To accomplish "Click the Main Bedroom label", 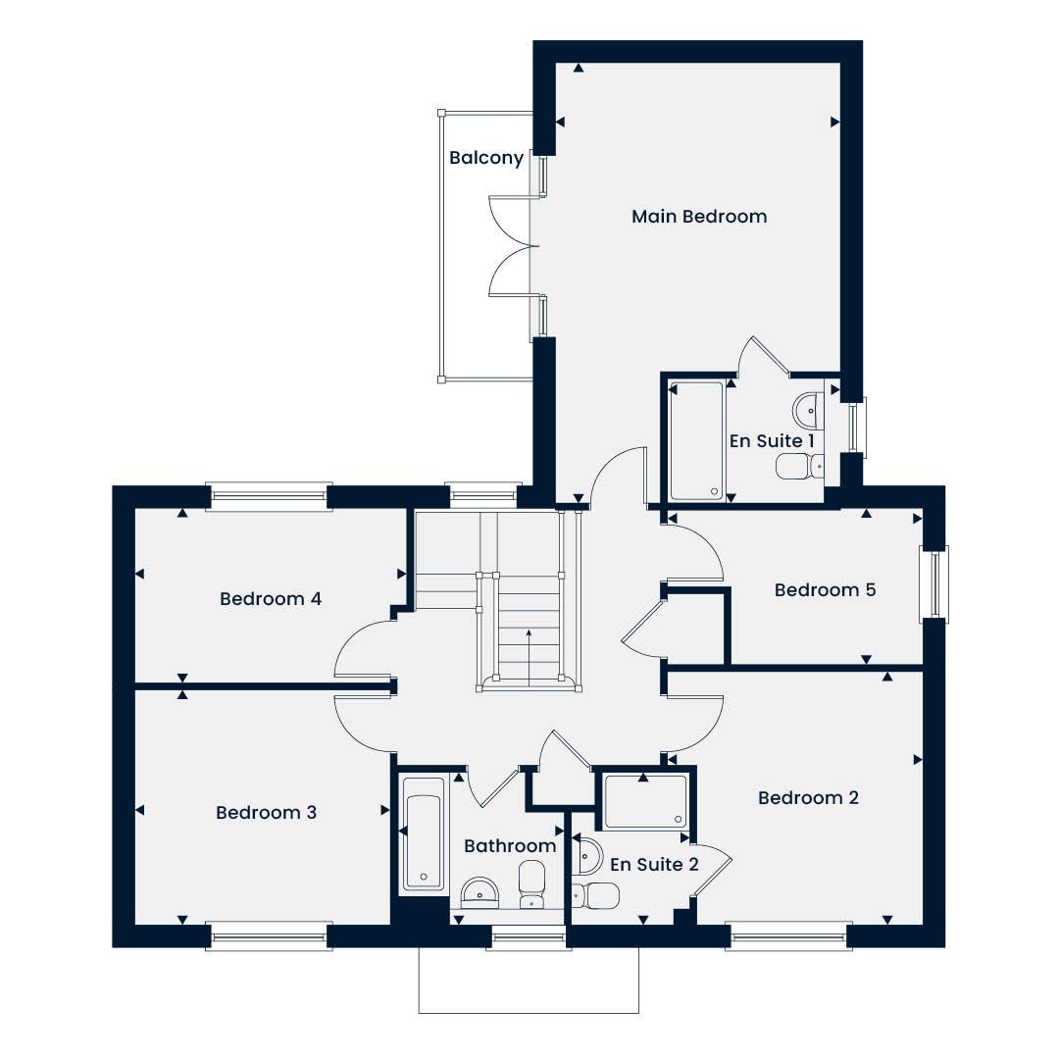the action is click(699, 216).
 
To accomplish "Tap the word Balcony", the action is click(486, 157).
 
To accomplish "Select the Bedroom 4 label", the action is click(271, 598).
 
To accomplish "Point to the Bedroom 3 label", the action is click(266, 812).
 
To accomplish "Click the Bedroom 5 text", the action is click(825, 589).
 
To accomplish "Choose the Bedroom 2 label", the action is click(808, 797).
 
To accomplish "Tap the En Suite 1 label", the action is click(772, 441).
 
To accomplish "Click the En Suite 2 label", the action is click(654, 865).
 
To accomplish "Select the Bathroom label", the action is click(510, 845).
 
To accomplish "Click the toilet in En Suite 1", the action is click(800, 466).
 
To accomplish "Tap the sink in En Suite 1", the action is click(808, 411).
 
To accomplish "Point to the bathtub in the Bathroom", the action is click(424, 833).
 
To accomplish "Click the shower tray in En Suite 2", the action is click(646, 802).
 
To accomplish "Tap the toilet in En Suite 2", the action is click(595, 895).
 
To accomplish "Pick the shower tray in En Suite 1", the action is click(697, 441).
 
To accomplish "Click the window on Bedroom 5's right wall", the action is click(934, 583).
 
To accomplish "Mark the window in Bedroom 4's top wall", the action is click(269, 496).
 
